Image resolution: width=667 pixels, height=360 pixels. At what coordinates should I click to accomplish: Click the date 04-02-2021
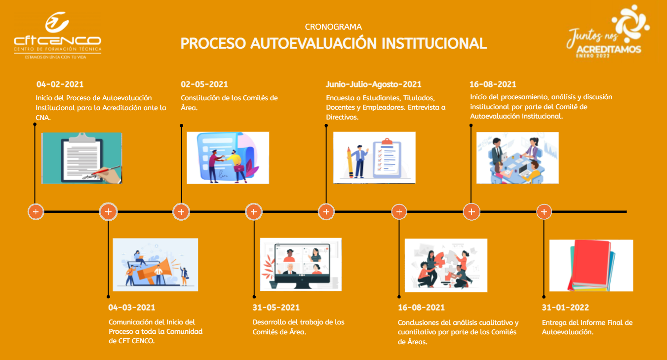tap(60, 84)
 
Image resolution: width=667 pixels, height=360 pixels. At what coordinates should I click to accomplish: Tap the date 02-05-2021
tap(204, 84)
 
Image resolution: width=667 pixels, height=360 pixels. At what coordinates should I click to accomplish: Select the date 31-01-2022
tap(565, 307)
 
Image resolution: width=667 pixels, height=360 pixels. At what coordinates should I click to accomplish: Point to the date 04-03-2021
tap(132, 307)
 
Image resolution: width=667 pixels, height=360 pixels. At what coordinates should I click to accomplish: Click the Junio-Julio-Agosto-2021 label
tap(373, 84)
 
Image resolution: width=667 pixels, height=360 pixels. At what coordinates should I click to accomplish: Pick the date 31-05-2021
tap(276, 307)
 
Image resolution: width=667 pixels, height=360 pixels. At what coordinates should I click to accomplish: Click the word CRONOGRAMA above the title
tap(334, 27)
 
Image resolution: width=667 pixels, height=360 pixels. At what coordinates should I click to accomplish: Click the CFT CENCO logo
tap(57, 35)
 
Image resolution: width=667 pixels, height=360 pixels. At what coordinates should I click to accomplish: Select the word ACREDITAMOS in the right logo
tap(609, 49)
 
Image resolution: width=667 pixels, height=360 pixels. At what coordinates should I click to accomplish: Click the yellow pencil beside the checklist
tap(350, 162)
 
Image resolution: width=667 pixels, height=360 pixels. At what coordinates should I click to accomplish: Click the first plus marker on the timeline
tap(36, 212)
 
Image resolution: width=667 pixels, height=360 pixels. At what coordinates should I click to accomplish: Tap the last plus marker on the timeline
tap(544, 212)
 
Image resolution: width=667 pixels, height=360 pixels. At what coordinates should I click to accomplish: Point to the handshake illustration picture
tap(228, 158)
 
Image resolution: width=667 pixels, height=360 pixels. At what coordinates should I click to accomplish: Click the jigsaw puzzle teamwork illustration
tap(446, 265)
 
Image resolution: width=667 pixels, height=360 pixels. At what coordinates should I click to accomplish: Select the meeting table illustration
tap(517, 158)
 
